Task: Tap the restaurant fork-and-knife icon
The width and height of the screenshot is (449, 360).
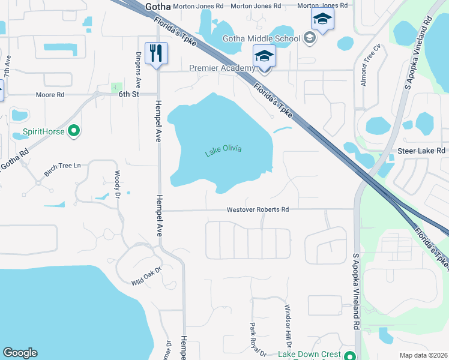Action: tap(156, 53)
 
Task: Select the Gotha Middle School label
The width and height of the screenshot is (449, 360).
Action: tap(261, 39)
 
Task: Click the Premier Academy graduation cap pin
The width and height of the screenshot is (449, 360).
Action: tap(264, 57)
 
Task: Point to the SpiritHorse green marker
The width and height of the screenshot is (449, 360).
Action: tap(74, 130)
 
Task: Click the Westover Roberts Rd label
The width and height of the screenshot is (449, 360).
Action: tap(258, 210)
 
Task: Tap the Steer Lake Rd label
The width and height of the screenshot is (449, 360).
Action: tap(421, 151)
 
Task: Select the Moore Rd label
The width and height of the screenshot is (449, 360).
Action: tap(50, 95)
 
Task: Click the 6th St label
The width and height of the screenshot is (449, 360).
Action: tap(128, 95)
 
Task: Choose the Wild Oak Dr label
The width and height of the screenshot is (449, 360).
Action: tap(147, 276)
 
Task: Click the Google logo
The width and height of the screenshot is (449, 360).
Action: tap(20, 353)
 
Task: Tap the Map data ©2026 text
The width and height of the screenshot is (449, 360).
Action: tap(423, 355)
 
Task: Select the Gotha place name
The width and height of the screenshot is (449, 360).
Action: tap(158, 6)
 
